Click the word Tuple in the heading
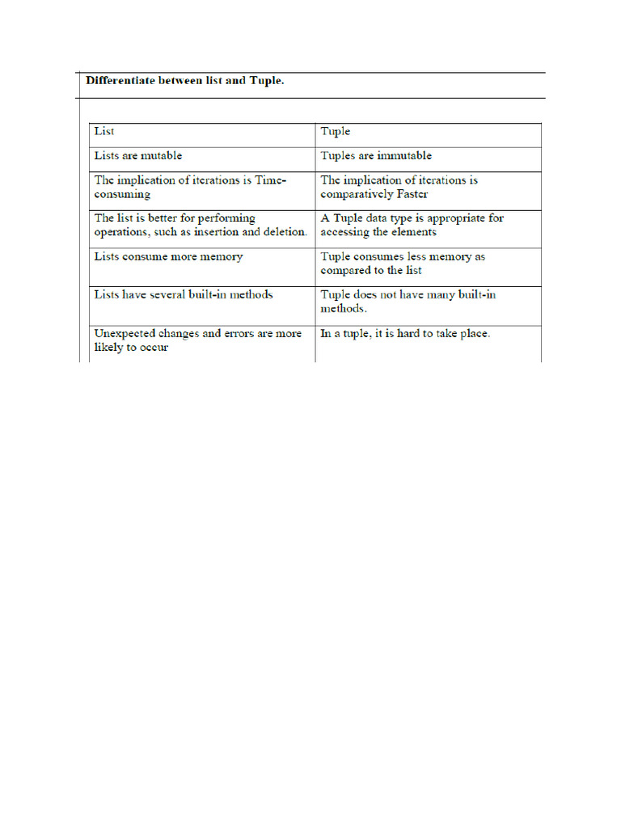(267, 82)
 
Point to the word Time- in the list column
(271, 180)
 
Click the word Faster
(411, 194)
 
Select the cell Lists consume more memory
(201, 267)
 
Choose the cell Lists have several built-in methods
(201, 306)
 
